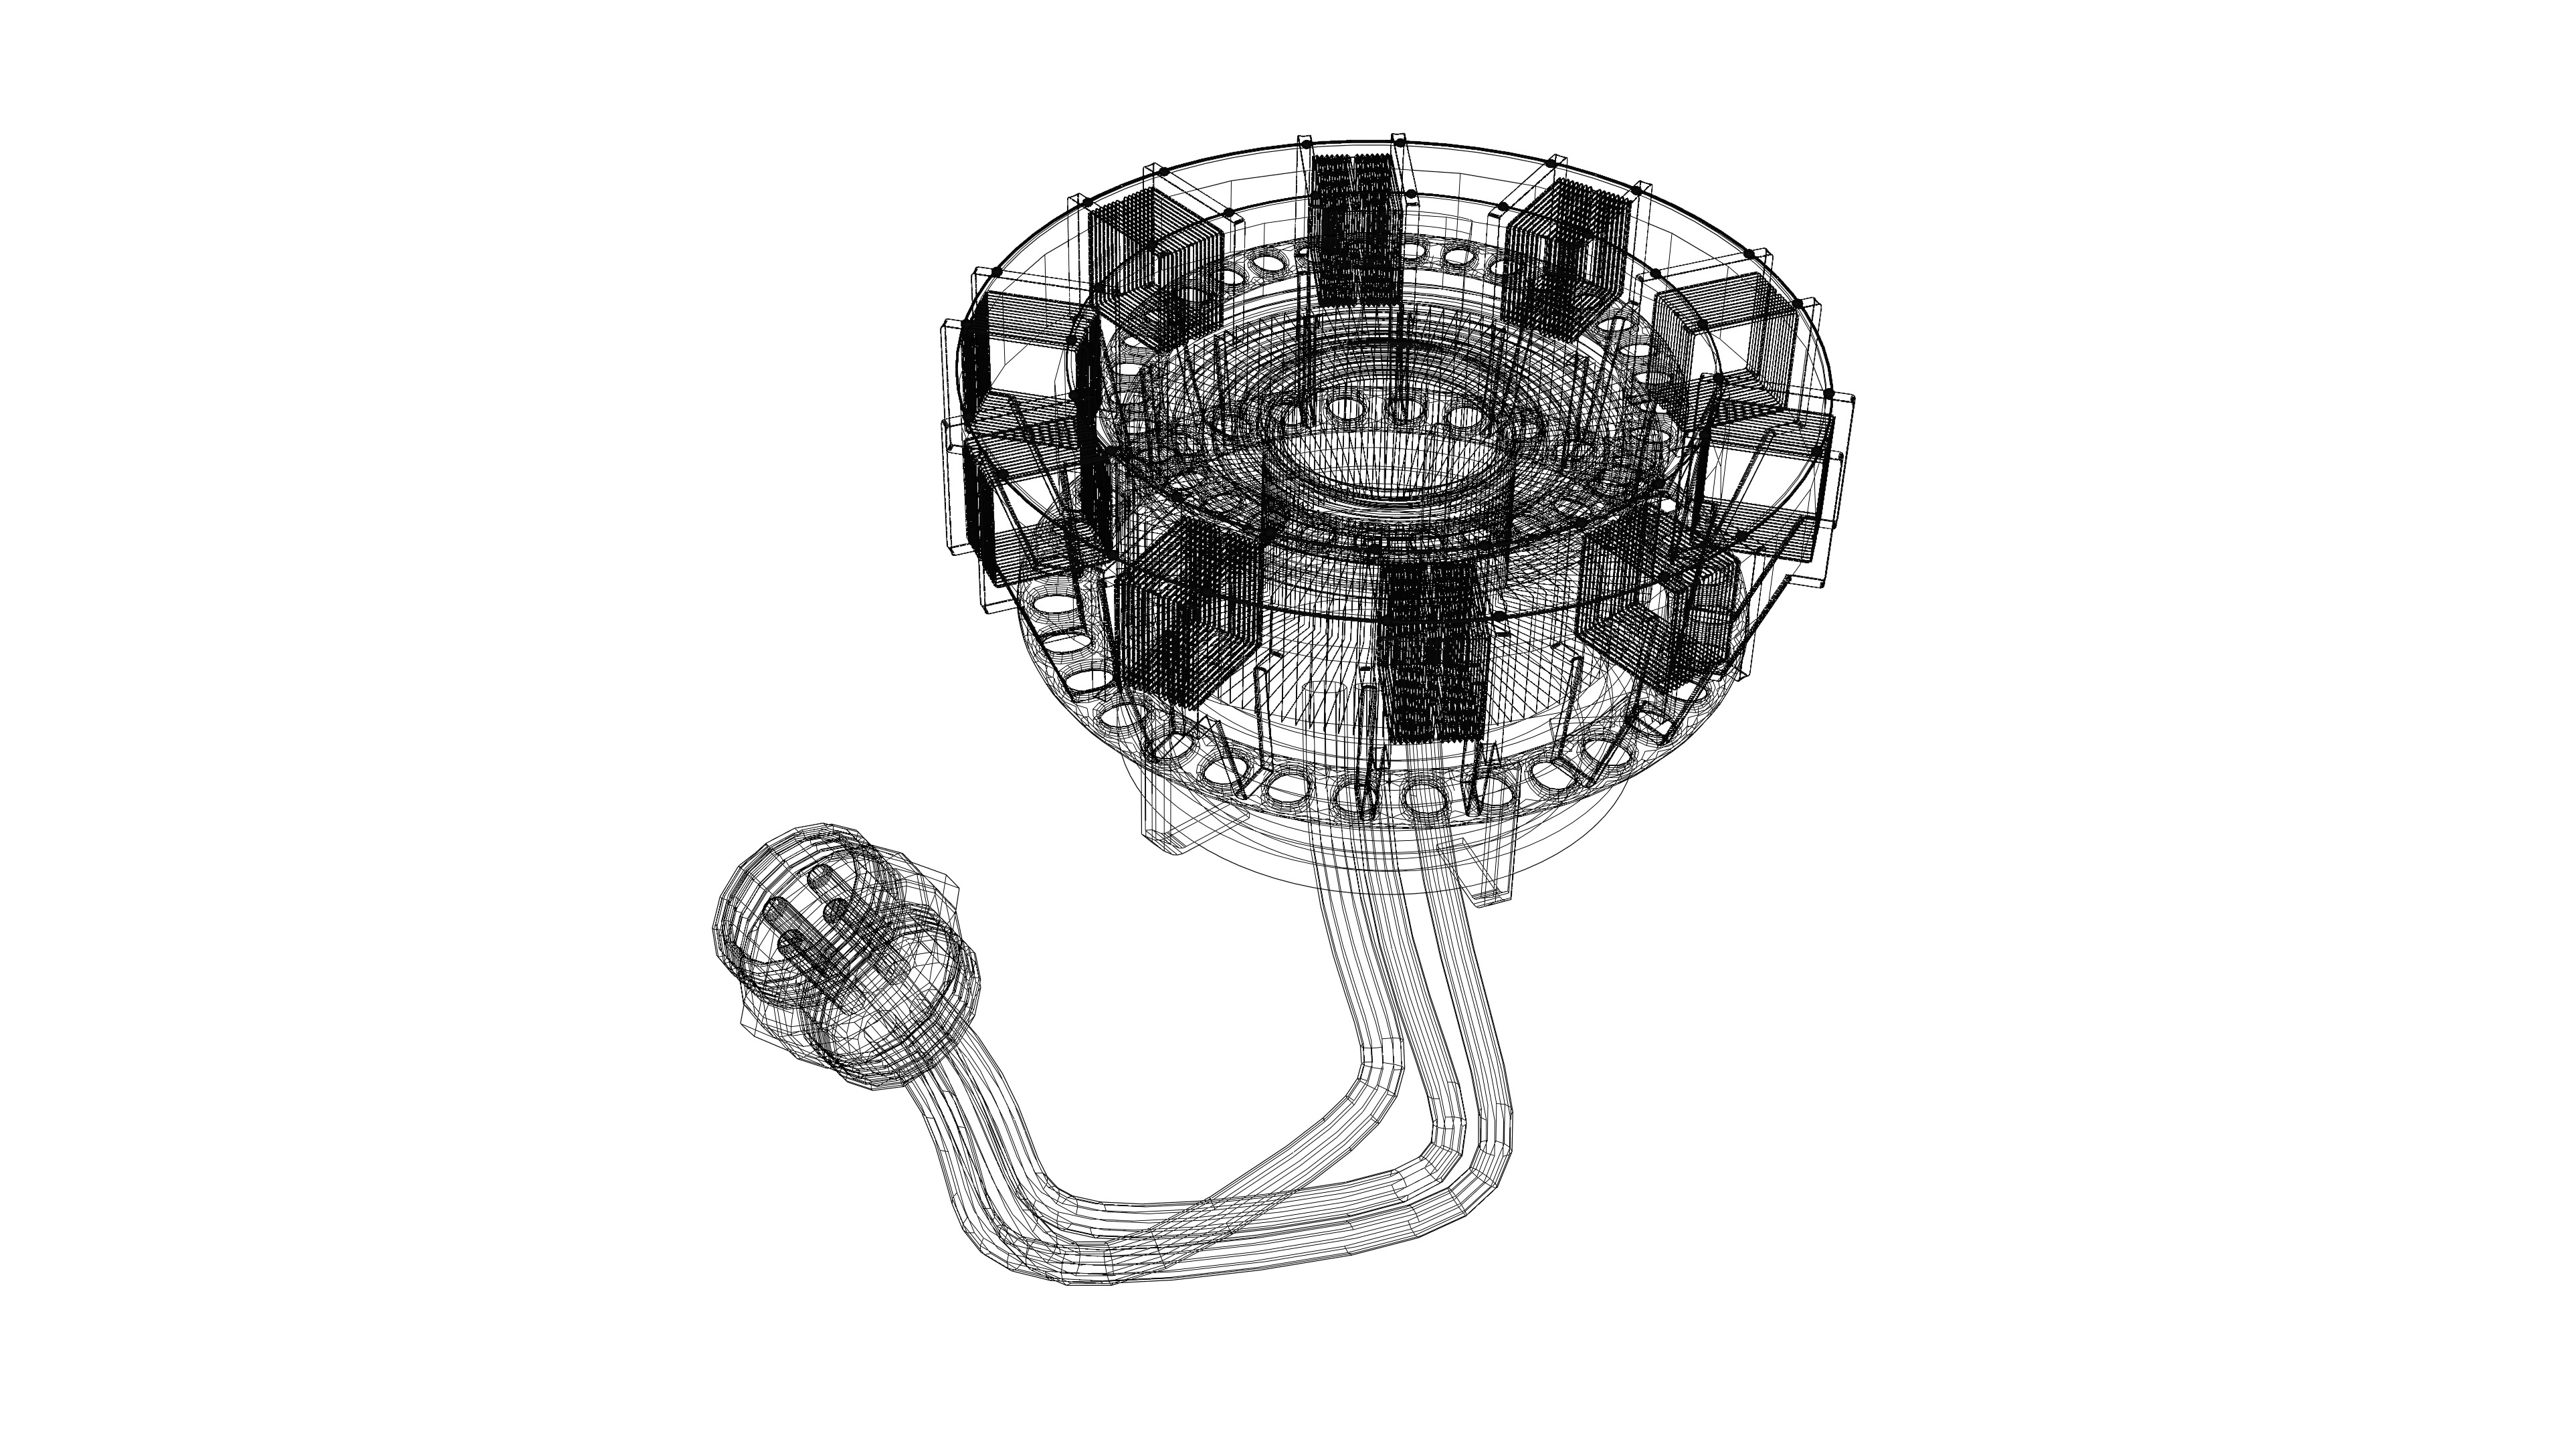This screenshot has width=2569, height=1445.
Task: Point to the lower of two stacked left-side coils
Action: (997, 518)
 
